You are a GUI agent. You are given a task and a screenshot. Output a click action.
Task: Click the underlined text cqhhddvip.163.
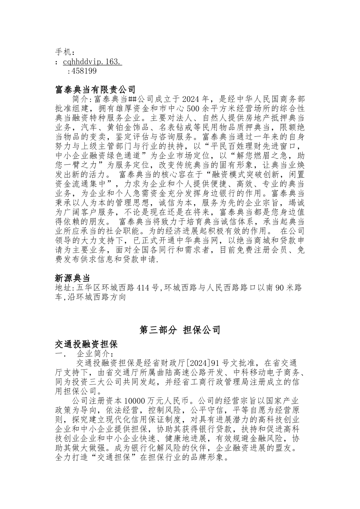(92, 61)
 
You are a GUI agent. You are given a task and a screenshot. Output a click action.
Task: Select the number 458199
(84, 71)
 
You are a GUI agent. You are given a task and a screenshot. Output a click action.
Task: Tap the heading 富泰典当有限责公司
(95, 90)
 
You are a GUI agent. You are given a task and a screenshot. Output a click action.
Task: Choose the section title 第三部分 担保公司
(180, 330)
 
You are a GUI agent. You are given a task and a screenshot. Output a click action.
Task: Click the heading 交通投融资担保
(86, 344)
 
